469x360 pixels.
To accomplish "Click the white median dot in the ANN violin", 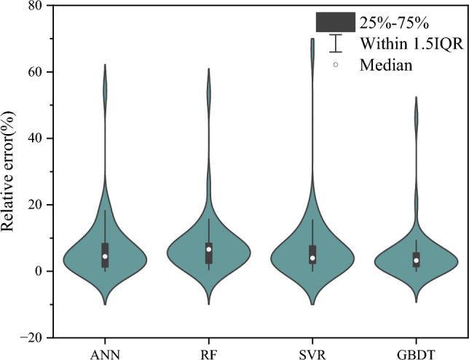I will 105,257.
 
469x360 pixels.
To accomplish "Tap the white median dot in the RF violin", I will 209,249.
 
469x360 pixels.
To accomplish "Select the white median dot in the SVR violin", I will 312,258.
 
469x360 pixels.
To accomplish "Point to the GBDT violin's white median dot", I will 417,260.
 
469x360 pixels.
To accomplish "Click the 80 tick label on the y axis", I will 34,6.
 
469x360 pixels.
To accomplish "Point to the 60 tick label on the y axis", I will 34,72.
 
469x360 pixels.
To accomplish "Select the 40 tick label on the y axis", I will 34,138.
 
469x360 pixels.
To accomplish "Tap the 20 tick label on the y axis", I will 34,205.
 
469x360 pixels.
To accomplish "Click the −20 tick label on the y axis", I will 31,337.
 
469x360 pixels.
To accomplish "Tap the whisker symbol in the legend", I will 335,43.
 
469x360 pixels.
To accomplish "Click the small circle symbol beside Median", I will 336,65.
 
